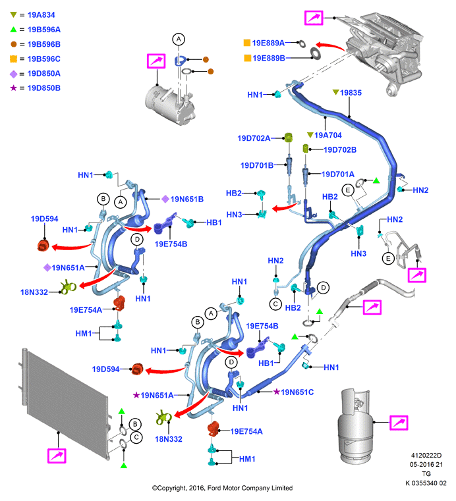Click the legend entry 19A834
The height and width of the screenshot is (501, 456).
41,15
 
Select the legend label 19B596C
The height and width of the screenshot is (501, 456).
43,59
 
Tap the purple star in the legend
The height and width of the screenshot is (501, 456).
13,88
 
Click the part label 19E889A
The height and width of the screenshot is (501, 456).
268,43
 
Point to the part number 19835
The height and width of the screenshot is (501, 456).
351,93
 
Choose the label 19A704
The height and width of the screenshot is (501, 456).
328,135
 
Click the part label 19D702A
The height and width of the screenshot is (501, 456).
254,138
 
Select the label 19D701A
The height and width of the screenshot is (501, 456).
337,174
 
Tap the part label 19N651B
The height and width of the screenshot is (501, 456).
186,199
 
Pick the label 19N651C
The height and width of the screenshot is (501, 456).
297,392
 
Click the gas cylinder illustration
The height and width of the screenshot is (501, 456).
355,427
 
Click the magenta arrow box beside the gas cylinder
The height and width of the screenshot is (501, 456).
399,423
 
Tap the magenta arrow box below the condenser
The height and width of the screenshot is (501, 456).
57,456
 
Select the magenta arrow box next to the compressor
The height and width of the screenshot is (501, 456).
156,61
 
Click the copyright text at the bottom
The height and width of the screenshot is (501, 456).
222,488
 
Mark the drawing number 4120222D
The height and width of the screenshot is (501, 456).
426,456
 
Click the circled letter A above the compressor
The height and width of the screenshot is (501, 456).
179,40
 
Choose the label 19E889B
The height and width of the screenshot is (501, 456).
269,58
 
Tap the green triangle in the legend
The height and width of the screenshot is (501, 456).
13,30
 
